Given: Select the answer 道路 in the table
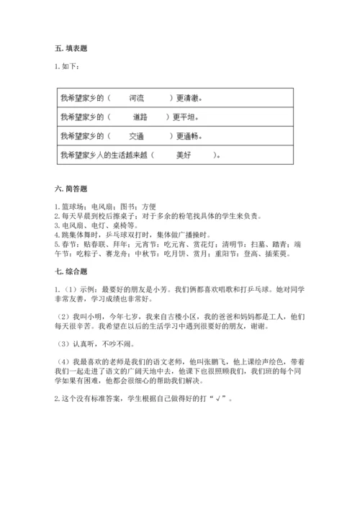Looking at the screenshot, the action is [x=140, y=116].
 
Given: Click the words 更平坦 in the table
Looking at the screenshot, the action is [x=189, y=116].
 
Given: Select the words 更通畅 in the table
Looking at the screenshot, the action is [x=189, y=135].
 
